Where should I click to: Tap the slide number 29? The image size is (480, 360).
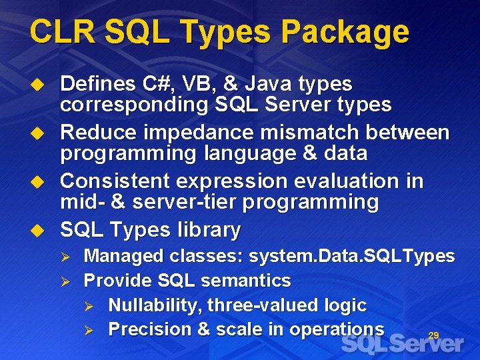click(433, 335)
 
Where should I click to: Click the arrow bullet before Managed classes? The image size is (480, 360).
click(65, 256)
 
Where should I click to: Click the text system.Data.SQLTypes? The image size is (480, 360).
click(352, 256)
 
